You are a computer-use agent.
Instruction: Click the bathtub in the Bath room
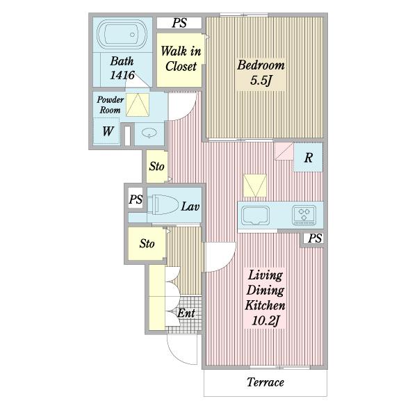pyautogui.click(x=122, y=34)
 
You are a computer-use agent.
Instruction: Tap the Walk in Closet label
pyautogui.click(x=181, y=58)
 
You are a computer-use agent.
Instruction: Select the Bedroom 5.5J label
pyautogui.click(x=261, y=72)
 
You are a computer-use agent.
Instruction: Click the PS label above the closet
pyautogui.click(x=179, y=23)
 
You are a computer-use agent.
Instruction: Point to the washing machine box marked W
pyautogui.click(x=106, y=131)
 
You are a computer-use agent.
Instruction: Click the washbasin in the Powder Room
pyautogui.click(x=149, y=133)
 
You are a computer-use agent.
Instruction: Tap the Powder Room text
pyautogui.click(x=110, y=105)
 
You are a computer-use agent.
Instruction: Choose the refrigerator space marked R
pyautogui.click(x=308, y=158)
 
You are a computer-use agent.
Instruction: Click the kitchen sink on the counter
pyautogui.click(x=255, y=215)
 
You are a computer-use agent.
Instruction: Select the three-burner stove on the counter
pyautogui.click(x=304, y=215)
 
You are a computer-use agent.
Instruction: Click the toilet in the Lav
pyautogui.click(x=163, y=204)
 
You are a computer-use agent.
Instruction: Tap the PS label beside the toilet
pyautogui.click(x=136, y=199)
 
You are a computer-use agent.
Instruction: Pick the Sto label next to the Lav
pyautogui.click(x=147, y=243)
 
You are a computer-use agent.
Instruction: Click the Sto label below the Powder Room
pyautogui.click(x=156, y=167)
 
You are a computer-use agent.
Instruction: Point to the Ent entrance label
pyautogui.click(x=186, y=313)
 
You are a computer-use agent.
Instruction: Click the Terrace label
pyautogui.click(x=265, y=382)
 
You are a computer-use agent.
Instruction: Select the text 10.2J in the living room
pyautogui.click(x=265, y=320)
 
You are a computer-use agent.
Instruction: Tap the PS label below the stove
pyautogui.click(x=315, y=238)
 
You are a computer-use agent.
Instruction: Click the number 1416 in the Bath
pyautogui.click(x=122, y=75)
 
